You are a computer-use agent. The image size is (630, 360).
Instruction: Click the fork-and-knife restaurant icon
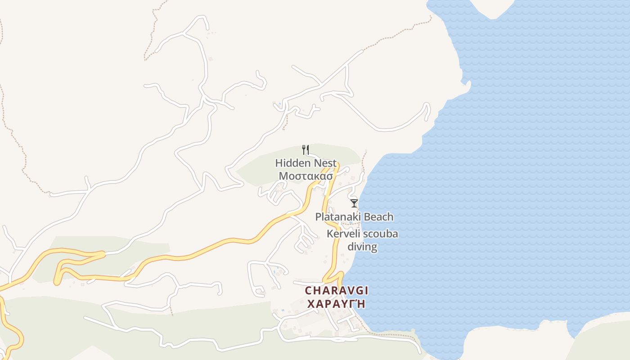pyautogui.click(x=305, y=149)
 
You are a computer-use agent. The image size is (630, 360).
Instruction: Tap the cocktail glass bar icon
pyautogui.click(x=354, y=203)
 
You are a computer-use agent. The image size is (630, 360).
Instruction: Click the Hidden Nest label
pyautogui.click(x=306, y=162)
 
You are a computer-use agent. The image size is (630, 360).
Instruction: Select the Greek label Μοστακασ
pyautogui.click(x=306, y=175)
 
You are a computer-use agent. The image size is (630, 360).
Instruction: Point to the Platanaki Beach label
pyautogui.click(x=354, y=217)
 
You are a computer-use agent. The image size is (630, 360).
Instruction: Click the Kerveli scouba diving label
pyautogui.click(x=362, y=240)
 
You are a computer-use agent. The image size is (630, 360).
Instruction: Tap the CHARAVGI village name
pyautogui.click(x=336, y=291)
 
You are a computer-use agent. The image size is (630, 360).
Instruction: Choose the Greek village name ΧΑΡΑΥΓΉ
pyautogui.click(x=336, y=304)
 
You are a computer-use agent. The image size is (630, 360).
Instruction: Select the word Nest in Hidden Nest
pyautogui.click(x=323, y=162)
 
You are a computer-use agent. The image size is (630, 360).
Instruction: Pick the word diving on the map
pyautogui.click(x=362, y=247)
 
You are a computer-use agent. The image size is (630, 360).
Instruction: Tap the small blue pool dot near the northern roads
pyautogui.click(x=279, y=104)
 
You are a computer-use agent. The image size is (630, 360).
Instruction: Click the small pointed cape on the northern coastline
pyautogui.click(x=468, y=83)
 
